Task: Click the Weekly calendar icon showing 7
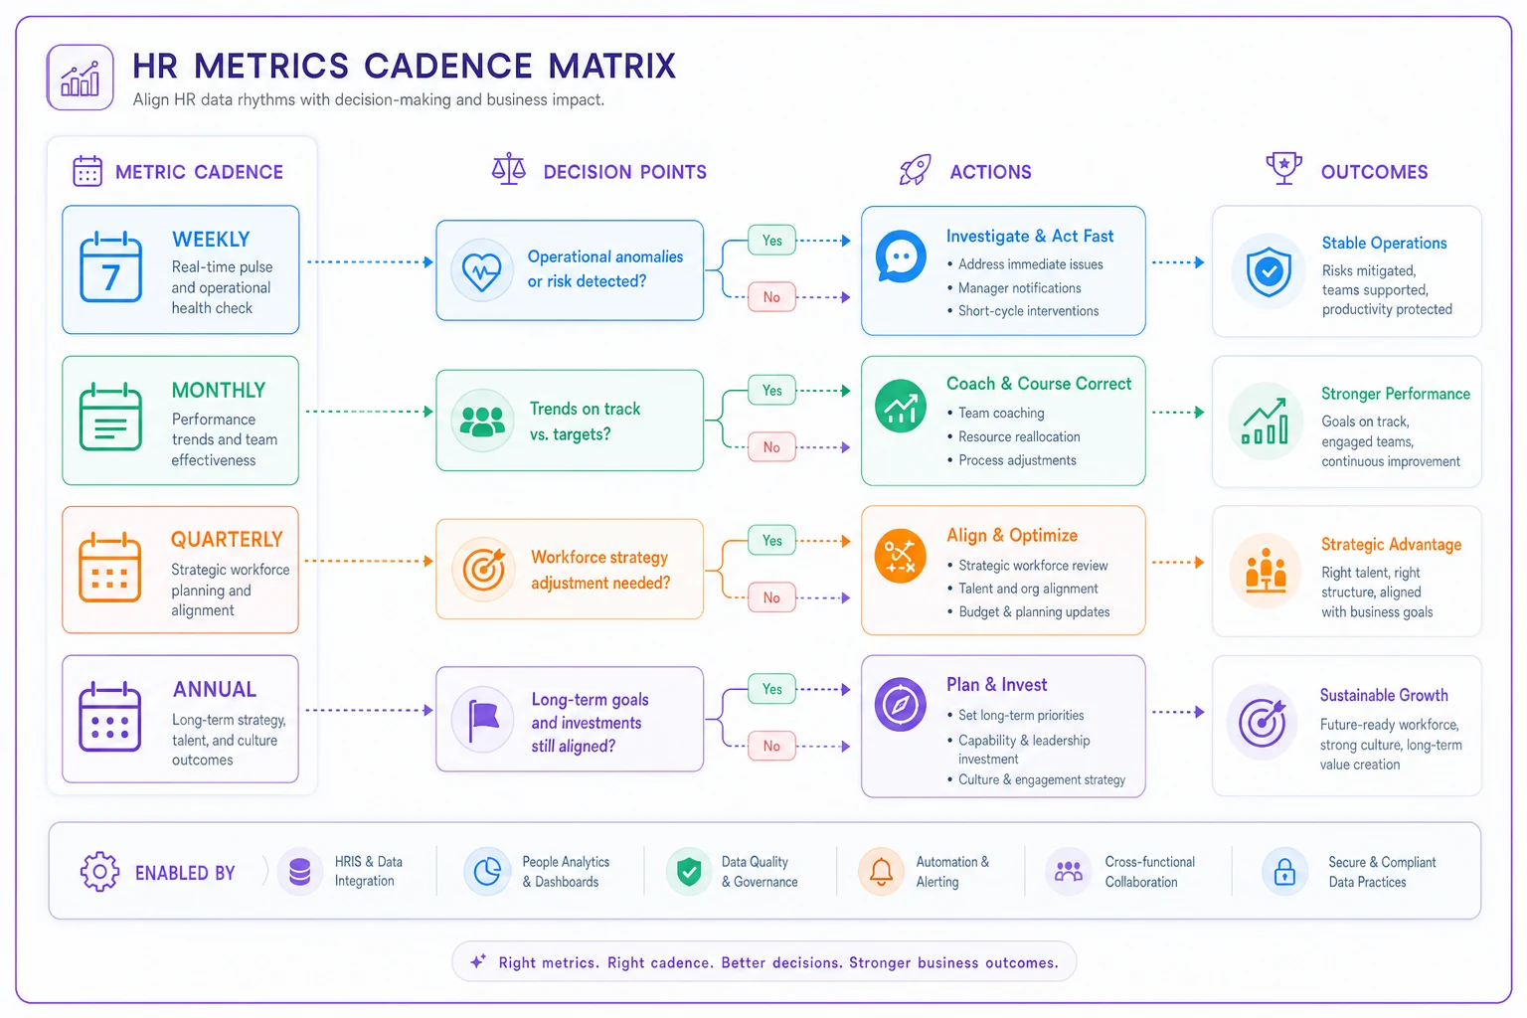[110, 267]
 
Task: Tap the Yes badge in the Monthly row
[771, 390]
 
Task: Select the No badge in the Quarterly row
[771, 597]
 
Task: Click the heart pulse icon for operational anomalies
[482, 270]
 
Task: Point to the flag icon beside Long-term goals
[482, 720]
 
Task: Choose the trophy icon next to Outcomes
[1283, 168]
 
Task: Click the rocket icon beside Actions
[915, 169]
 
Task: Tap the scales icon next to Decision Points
[509, 169]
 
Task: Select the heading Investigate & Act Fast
[1029, 236]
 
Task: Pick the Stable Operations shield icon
[1268, 271]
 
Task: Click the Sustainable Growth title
[1384, 695]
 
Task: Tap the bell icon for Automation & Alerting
[881, 871]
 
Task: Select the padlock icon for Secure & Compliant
[1284, 871]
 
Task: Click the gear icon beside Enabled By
[99, 871]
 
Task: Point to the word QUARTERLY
[227, 540]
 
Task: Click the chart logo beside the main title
[81, 78]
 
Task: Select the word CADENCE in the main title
[447, 67]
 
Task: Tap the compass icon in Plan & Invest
[900, 705]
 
